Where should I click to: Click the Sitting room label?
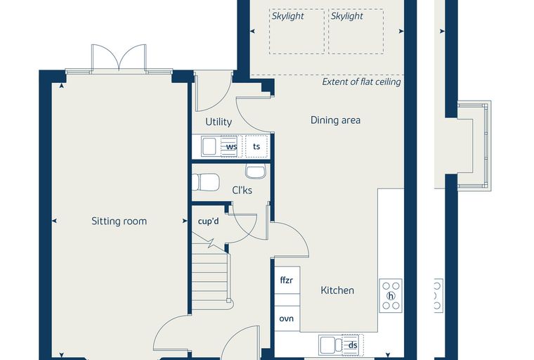point(119,221)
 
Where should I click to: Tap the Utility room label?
point(219,122)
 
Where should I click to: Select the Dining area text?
point(335,120)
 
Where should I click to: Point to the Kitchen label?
point(337,290)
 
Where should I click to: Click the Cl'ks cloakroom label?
point(242,191)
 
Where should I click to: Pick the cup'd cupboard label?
point(209,221)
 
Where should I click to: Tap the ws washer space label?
point(232,147)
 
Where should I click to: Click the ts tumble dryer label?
point(256,146)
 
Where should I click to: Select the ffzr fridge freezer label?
point(287,281)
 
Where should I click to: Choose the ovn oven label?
point(287,319)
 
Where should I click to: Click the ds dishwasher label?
point(353,345)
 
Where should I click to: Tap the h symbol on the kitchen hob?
point(391,296)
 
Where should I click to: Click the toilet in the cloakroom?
point(206,182)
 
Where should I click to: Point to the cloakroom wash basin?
point(256,171)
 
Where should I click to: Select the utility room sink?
point(209,146)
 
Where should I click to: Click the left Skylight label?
point(288,16)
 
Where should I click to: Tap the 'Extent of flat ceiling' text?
point(361,82)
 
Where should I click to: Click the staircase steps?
point(210,280)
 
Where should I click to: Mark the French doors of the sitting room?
point(119,58)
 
